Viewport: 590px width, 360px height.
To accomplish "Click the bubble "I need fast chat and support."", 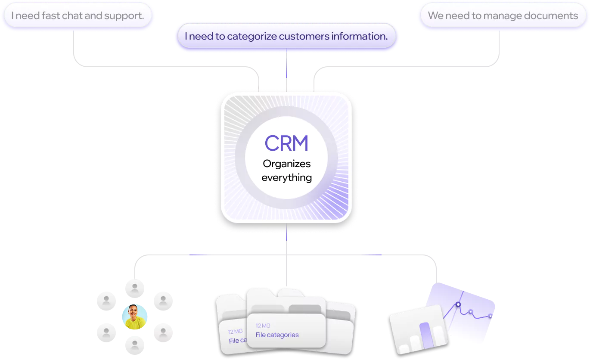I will pyautogui.click(x=78, y=16).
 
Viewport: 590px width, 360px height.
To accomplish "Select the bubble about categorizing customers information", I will pyautogui.click(x=286, y=37).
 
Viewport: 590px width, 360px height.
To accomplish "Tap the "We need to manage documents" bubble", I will pyautogui.click(x=503, y=16).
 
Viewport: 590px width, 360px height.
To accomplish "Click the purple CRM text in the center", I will pyautogui.click(x=286, y=143).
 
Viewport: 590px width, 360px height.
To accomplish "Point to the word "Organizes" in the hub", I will pyautogui.click(x=286, y=164).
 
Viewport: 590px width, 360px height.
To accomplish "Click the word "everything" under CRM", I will pyautogui.click(x=286, y=177).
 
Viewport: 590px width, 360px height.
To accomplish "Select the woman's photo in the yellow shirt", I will pyautogui.click(x=135, y=317).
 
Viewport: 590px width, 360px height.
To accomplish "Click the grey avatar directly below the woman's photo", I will pyautogui.click(x=135, y=344).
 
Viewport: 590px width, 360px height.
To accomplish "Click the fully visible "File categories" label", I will pyautogui.click(x=277, y=335).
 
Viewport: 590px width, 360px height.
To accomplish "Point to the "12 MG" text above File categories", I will pyautogui.click(x=263, y=326).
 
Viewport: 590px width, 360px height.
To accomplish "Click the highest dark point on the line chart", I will pyautogui.click(x=458, y=304).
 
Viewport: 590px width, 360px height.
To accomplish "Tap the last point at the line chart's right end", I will pyautogui.click(x=490, y=317).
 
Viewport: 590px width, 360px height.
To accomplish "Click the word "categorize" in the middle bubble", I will pyautogui.click(x=252, y=37).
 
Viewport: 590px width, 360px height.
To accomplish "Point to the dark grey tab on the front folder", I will pyautogui.click(x=305, y=309).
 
